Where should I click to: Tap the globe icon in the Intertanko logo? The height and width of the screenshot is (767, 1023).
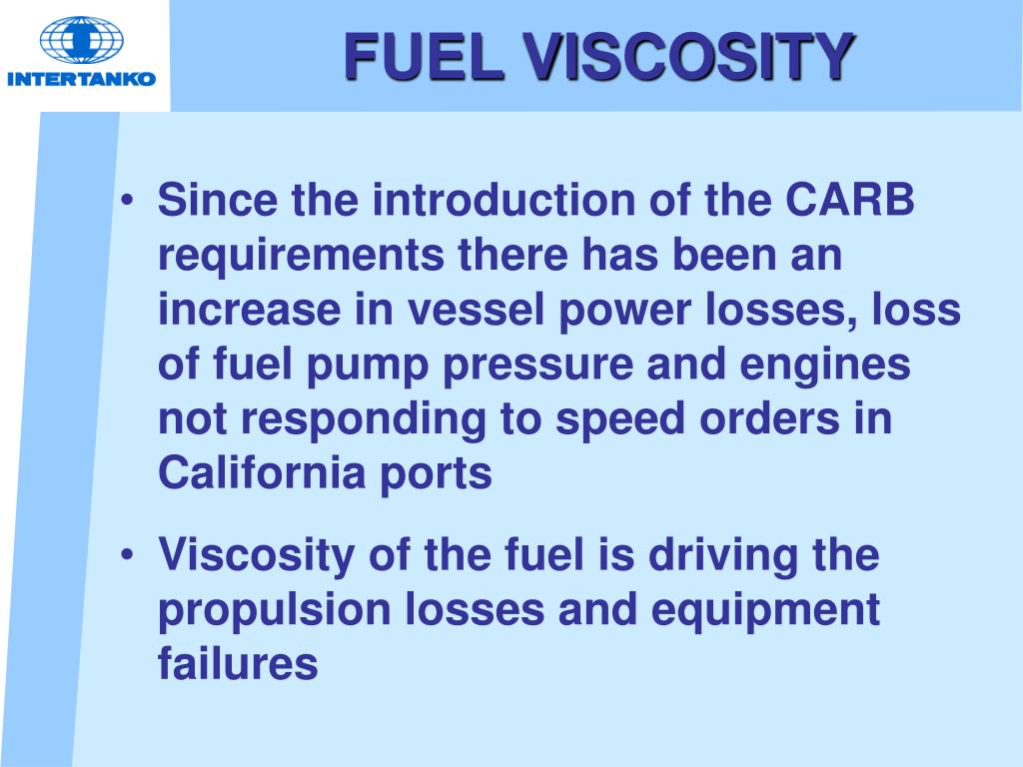[x=82, y=39]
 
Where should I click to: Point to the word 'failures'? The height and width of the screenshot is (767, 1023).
[x=238, y=663]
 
